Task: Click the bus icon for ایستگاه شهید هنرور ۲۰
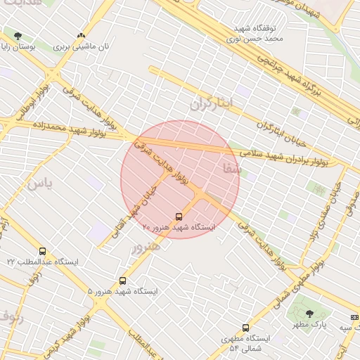pos(179,217)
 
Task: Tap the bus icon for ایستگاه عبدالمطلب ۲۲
pos(43,251)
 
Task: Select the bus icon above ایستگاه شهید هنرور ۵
pos(123,281)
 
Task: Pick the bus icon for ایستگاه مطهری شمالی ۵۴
pos(245,327)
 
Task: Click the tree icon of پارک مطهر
pos(309,314)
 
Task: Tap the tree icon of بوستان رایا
pos(18,36)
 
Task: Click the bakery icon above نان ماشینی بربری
pos(81,35)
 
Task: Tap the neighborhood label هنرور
pos(146,245)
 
